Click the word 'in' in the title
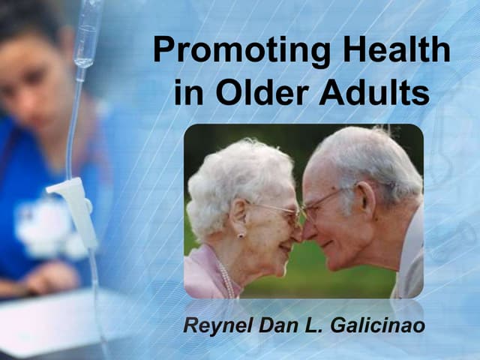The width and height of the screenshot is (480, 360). (x=187, y=94)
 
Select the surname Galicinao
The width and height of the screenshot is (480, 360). (x=385, y=327)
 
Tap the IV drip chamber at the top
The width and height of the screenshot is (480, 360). (x=87, y=37)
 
